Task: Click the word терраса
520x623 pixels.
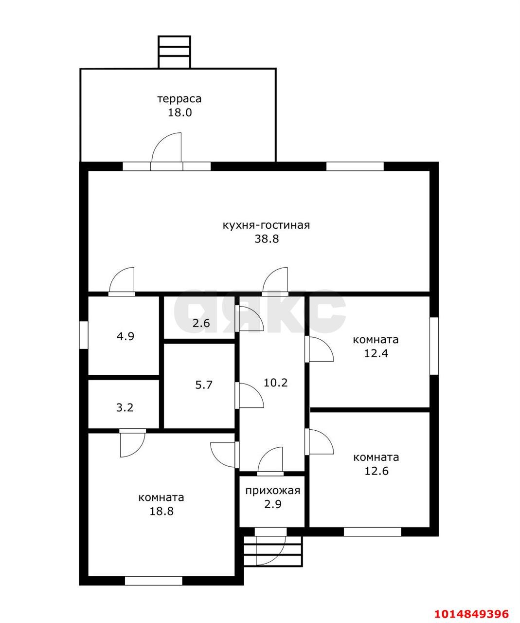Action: [x=179, y=99]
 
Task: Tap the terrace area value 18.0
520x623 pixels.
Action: [x=180, y=112]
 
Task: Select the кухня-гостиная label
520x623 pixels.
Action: [x=266, y=225]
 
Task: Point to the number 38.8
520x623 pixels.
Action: [x=267, y=238]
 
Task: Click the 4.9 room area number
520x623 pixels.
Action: [x=126, y=336]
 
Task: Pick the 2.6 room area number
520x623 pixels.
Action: [x=201, y=323]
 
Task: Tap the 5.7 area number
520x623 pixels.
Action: [x=204, y=385]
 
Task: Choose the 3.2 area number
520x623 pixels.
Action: [x=125, y=407]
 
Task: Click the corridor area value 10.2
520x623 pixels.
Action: [x=275, y=383]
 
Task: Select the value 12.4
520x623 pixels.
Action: [x=376, y=353]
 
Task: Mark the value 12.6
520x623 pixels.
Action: [x=377, y=471]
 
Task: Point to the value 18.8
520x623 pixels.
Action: [x=161, y=511]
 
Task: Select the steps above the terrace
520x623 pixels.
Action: [x=174, y=52]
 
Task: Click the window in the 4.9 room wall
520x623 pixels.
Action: [x=84, y=335]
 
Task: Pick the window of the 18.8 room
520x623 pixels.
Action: [x=154, y=581]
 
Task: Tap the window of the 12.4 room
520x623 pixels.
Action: [x=434, y=346]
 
